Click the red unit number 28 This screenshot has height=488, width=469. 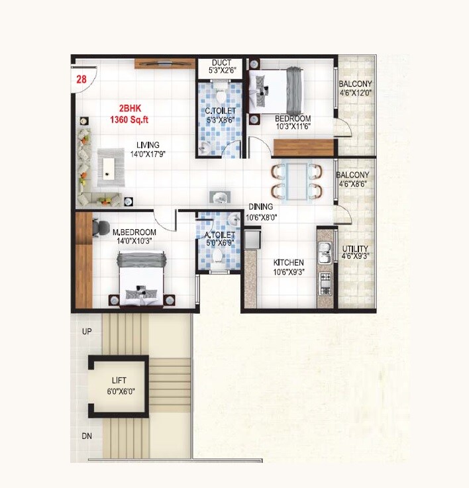click(x=81, y=79)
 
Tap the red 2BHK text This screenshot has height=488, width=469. click(x=130, y=108)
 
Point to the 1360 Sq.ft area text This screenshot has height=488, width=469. click(x=130, y=120)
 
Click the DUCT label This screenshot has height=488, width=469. click(x=222, y=64)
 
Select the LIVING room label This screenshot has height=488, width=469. click(x=148, y=145)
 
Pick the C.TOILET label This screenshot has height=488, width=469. click(x=221, y=111)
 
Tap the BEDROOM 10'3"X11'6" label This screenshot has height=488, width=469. click(x=292, y=119)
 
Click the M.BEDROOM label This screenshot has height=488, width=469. click(x=134, y=232)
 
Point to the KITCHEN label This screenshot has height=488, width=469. click(x=289, y=263)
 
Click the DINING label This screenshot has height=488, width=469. click(x=260, y=207)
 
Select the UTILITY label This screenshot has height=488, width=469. click(x=355, y=250)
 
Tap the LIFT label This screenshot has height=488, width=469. click(x=119, y=381)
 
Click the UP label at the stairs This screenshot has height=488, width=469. click(x=86, y=331)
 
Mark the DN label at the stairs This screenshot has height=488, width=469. click(x=86, y=436)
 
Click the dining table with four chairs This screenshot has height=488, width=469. click(x=296, y=180)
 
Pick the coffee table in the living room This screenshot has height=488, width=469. click(x=110, y=166)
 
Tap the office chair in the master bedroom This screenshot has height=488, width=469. click(x=101, y=227)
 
